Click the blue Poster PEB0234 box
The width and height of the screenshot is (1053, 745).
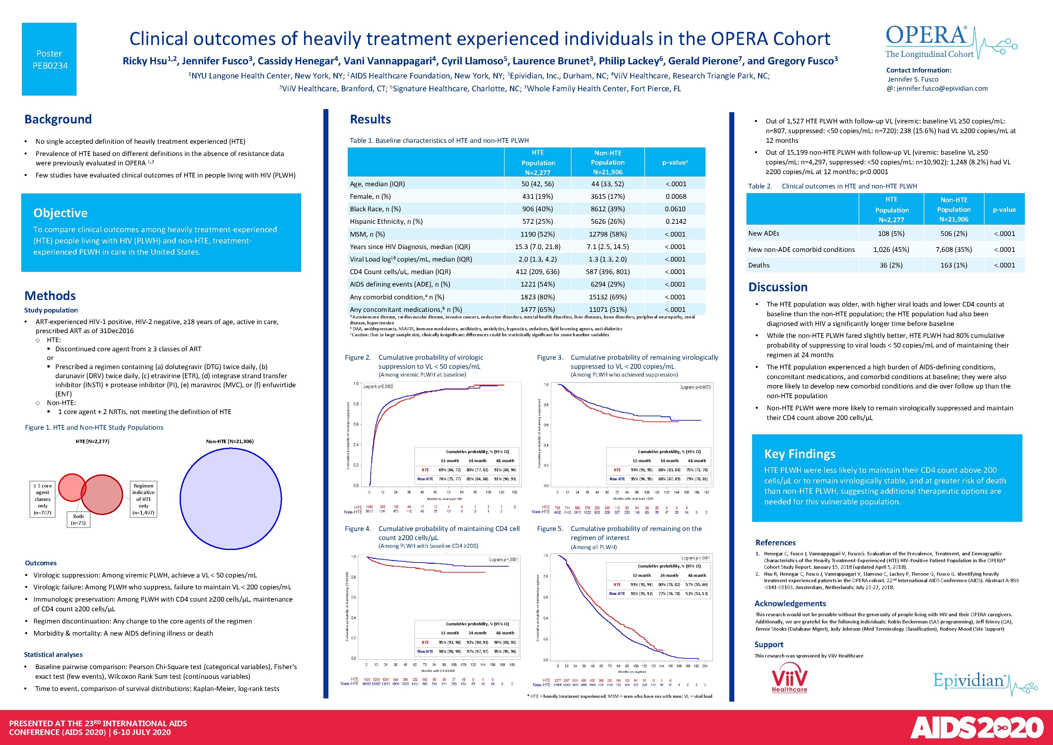pyautogui.click(x=49, y=59)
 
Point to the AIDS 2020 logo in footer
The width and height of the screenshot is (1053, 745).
pyautogui.click(x=976, y=727)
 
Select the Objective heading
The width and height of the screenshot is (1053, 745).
pyautogui.click(x=61, y=213)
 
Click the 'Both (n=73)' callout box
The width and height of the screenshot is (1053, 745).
pyautogui.click(x=78, y=519)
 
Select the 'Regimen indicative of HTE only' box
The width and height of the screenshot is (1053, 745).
pyautogui.click(x=143, y=499)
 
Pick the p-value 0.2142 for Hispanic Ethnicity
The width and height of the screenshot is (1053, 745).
pyautogui.click(x=676, y=222)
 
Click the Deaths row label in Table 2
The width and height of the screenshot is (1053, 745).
pyautogui.click(x=759, y=265)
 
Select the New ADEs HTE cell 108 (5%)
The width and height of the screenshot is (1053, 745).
pyautogui.click(x=891, y=233)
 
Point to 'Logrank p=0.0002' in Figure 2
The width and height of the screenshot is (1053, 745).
pyautogui.click(x=378, y=386)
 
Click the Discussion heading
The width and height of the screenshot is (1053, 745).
pyautogui.click(x=778, y=287)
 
